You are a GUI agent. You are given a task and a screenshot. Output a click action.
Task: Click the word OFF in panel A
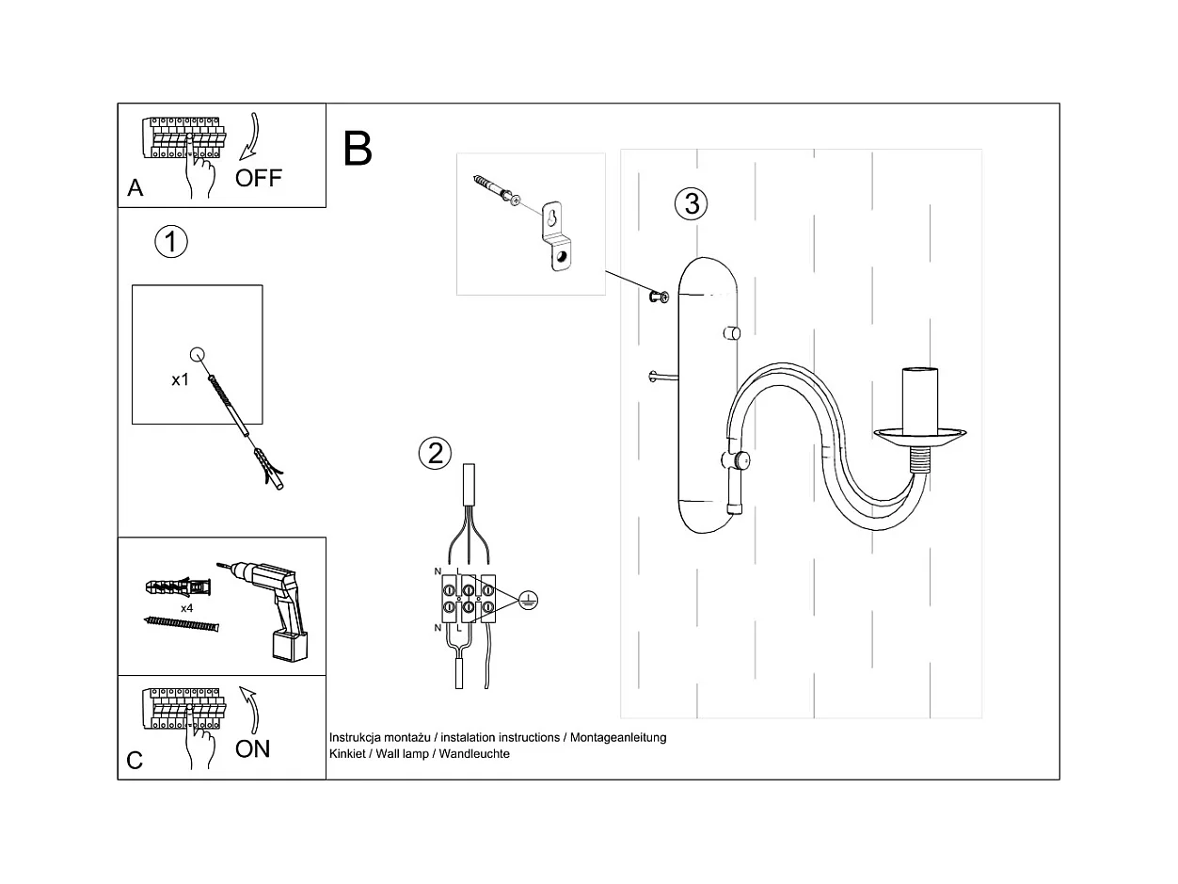click(258, 178)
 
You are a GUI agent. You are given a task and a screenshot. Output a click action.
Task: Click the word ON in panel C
click(252, 748)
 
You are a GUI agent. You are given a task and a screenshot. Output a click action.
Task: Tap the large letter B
click(358, 149)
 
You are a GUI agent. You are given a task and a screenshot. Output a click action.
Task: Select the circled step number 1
click(171, 242)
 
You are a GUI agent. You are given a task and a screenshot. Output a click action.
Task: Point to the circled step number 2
click(435, 453)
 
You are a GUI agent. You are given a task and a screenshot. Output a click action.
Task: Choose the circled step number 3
click(692, 202)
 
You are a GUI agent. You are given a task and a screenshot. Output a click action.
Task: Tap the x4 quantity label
click(187, 608)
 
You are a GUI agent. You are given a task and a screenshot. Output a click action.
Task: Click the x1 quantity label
click(181, 380)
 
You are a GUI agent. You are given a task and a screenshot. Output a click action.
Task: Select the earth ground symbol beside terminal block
click(528, 600)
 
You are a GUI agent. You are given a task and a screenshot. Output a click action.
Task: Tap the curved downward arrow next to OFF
click(250, 137)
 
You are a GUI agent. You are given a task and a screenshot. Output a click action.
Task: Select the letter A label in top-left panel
click(135, 188)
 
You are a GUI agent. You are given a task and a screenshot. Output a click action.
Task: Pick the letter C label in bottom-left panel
click(135, 760)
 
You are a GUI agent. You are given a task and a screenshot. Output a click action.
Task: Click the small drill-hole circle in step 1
click(198, 354)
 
